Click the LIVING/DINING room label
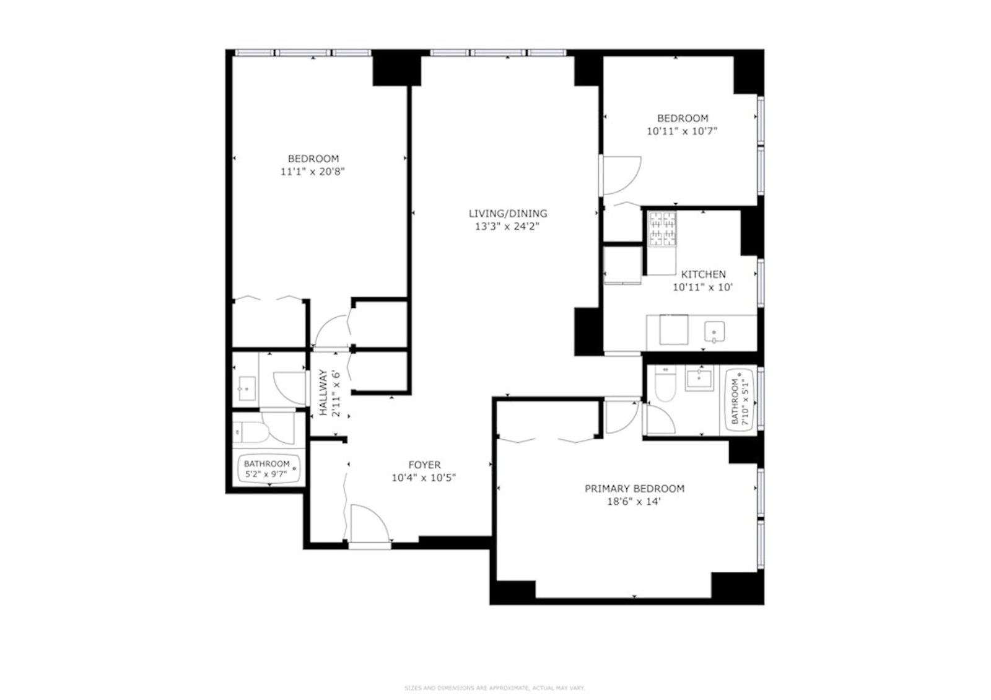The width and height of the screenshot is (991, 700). [507, 213]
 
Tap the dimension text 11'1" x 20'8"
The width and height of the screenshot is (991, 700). [312, 172]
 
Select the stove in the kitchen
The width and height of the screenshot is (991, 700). [662, 229]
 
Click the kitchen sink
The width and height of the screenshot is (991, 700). [714, 332]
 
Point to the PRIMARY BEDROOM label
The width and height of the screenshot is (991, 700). [634, 488]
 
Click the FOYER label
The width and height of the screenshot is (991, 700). [424, 465]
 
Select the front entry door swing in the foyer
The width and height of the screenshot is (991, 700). [368, 525]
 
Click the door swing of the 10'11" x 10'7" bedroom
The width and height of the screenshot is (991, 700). [621, 175]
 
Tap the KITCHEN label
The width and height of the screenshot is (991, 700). [703, 274]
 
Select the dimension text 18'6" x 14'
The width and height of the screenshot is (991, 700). [634, 502]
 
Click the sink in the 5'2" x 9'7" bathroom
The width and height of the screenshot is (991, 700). [246, 388]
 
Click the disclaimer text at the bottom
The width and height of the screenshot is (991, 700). [494, 688]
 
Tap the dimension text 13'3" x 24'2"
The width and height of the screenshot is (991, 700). [507, 227]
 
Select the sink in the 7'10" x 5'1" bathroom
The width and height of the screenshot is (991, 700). [699, 378]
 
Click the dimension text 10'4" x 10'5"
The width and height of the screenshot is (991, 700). [424, 478]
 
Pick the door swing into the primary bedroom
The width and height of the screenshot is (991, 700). [621, 416]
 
